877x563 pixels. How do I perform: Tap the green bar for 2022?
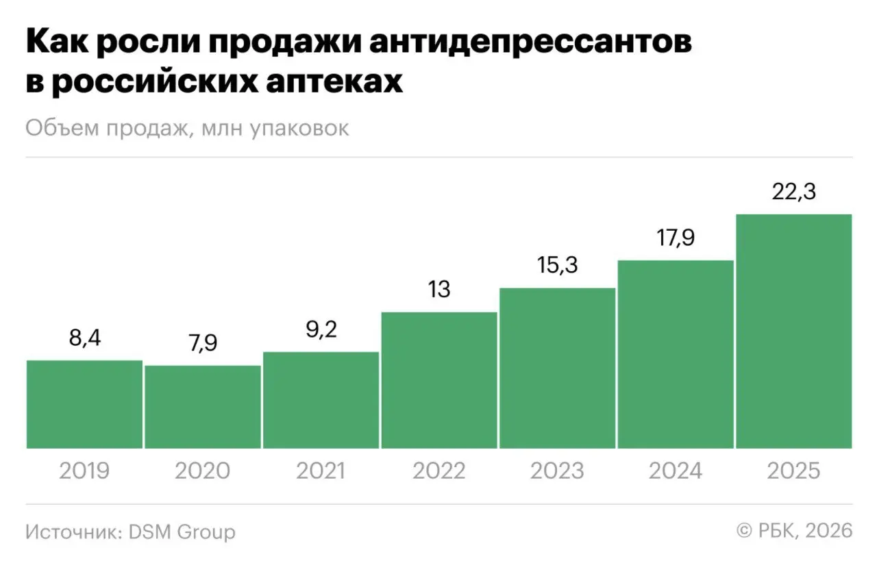pyautogui.click(x=439, y=380)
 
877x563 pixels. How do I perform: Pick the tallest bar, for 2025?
pyautogui.click(x=793, y=331)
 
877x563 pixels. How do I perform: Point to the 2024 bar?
pyautogui.click(x=676, y=354)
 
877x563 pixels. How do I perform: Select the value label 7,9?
pyautogui.click(x=203, y=342)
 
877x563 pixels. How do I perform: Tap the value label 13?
pyautogui.click(x=439, y=290)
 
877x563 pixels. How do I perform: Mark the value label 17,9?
pyautogui.click(x=676, y=238)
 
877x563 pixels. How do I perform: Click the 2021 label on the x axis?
pyautogui.click(x=321, y=471)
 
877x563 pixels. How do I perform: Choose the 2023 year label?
pyautogui.click(x=557, y=471)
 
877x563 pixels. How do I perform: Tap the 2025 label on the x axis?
pyautogui.click(x=793, y=471)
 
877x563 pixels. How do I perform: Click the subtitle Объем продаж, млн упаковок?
pyautogui.click(x=187, y=128)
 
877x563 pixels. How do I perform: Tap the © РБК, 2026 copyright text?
pyautogui.click(x=794, y=530)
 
